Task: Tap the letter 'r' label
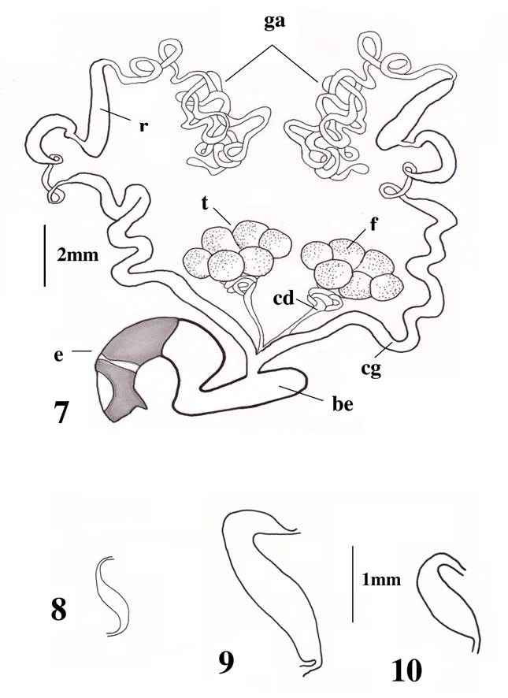tap(144, 124)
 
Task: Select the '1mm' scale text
tap(382, 581)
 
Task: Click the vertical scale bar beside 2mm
tap(44, 255)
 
